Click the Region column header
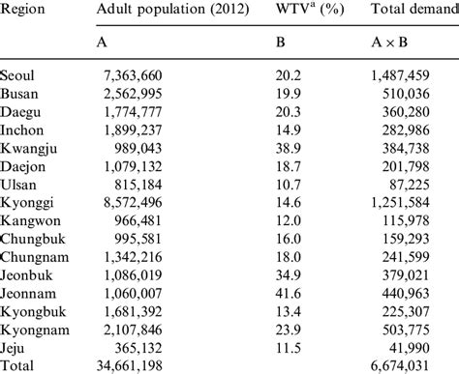[x=21, y=13]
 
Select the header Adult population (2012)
[x=173, y=13]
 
